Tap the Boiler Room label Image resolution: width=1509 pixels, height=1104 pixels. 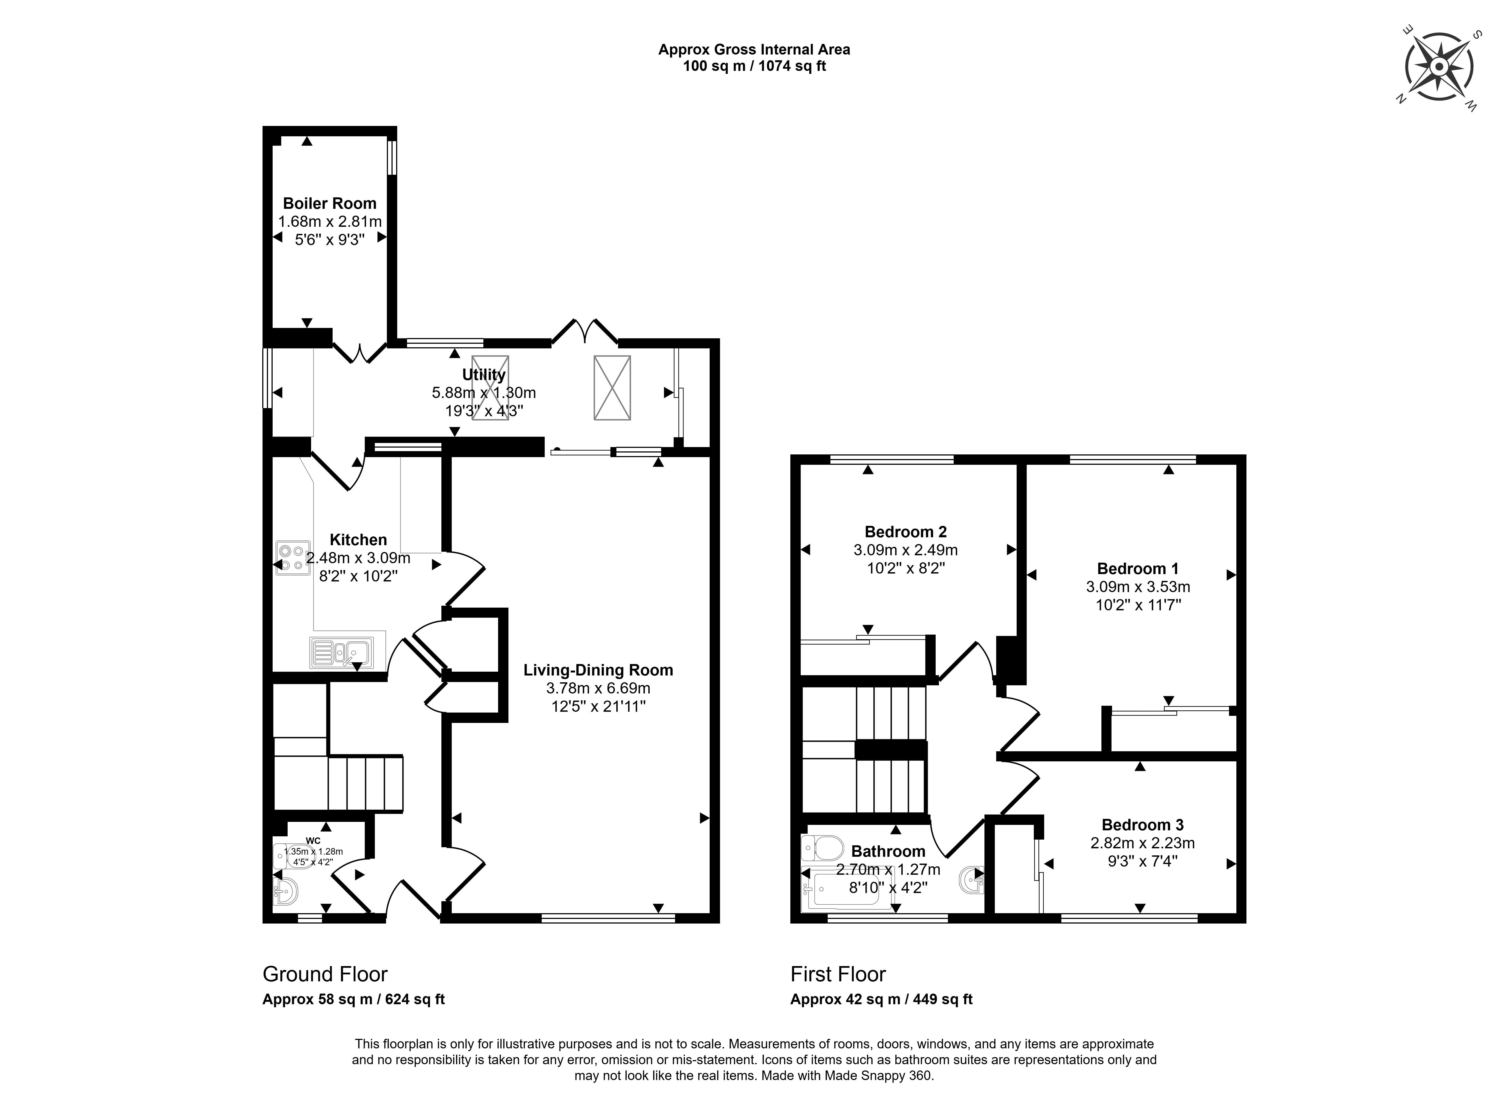coord(329,203)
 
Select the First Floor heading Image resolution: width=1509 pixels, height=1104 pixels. coord(838,974)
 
